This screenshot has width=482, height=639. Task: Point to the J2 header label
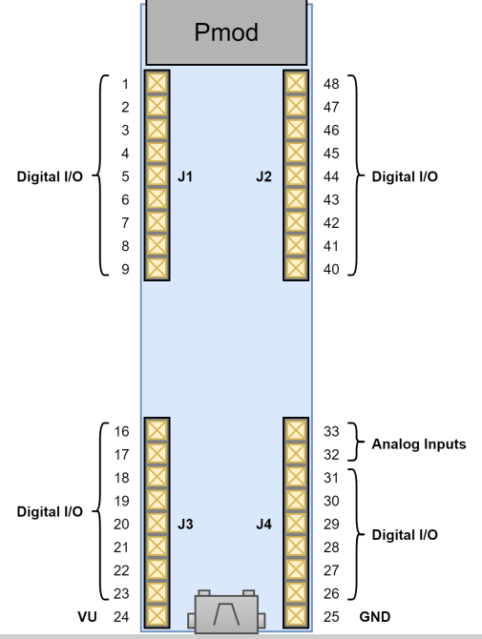coord(264,176)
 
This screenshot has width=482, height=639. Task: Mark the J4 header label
coord(264,524)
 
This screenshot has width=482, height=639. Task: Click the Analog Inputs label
coord(418,443)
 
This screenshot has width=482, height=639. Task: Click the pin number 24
coord(120,617)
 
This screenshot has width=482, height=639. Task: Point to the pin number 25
coord(331,617)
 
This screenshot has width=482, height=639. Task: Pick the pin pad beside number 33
coord(296,431)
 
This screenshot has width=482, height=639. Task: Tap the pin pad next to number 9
coord(156,269)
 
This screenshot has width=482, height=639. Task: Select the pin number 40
coord(331,269)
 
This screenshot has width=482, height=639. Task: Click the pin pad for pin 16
coord(156,431)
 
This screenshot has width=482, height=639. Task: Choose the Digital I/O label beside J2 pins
coord(405,176)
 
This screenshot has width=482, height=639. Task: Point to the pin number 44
coord(331,176)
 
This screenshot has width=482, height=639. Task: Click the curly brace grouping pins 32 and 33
coord(355,443)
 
